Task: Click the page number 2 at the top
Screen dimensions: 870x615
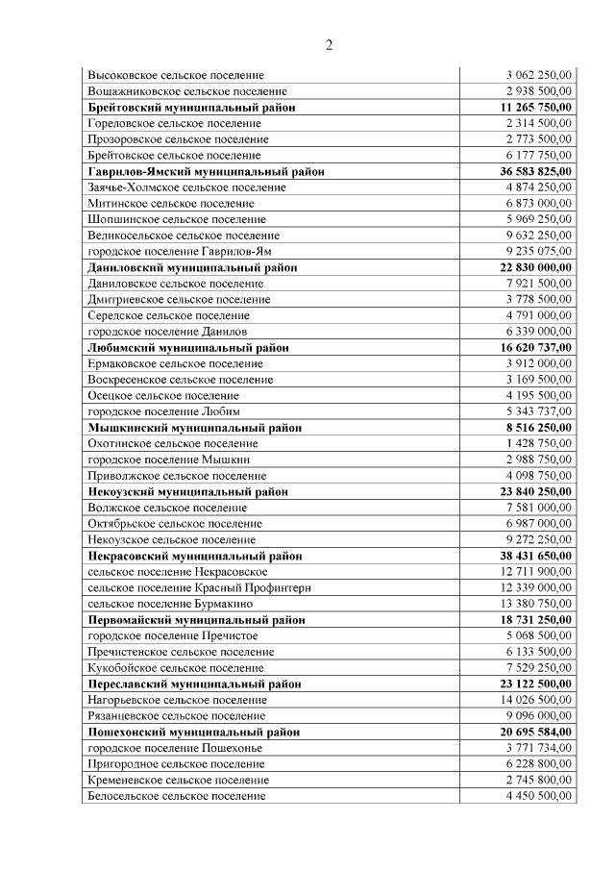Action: tap(329, 45)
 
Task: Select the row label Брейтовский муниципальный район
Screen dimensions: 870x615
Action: tap(190, 107)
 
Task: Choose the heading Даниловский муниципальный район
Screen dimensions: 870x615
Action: tap(191, 267)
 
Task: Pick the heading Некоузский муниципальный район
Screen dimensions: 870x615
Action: tap(187, 491)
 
